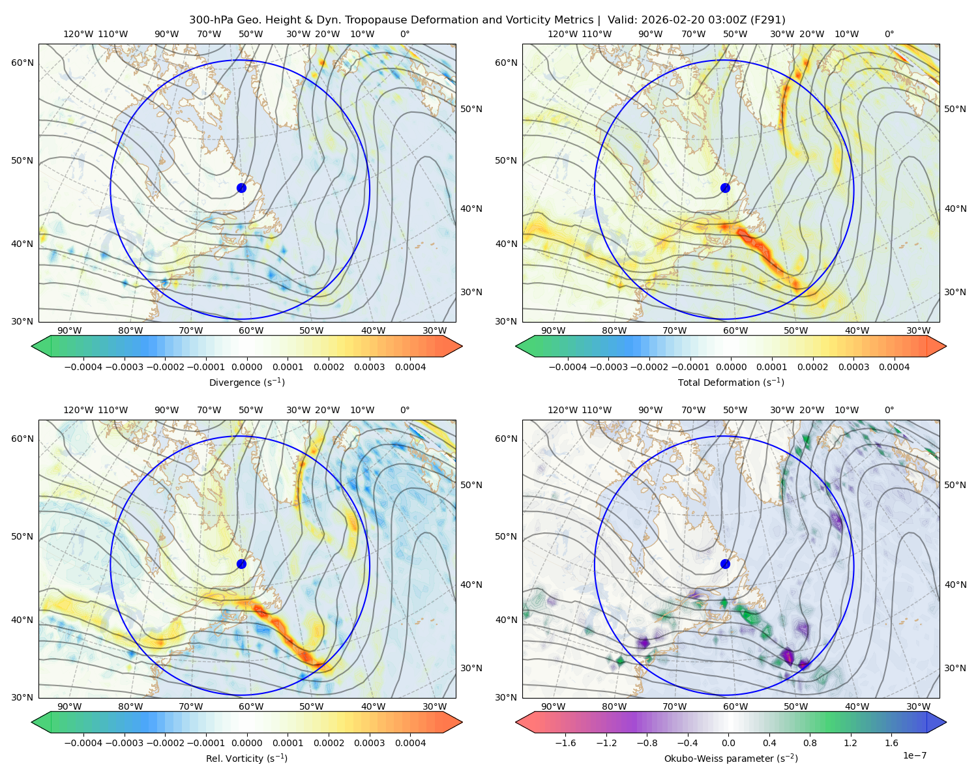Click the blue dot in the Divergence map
coord(241,188)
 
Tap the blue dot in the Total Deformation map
coord(725,188)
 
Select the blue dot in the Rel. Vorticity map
coord(241,564)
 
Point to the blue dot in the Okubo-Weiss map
coord(725,564)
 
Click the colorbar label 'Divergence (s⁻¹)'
coord(246,382)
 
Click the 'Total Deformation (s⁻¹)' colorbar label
coord(731,382)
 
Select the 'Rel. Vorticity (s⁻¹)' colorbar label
coord(246,758)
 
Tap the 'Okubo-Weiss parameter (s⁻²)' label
coord(731,758)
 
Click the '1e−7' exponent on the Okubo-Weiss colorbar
coord(914,755)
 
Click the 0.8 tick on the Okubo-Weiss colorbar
coord(810,743)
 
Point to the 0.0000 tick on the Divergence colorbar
coord(246,367)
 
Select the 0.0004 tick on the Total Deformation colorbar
coord(895,367)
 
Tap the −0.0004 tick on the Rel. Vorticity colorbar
coord(83,743)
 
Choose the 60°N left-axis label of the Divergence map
coord(22,63)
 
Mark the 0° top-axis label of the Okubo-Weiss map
coord(889,410)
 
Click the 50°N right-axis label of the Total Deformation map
coord(955,109)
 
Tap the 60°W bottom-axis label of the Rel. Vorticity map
coord(251,706)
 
